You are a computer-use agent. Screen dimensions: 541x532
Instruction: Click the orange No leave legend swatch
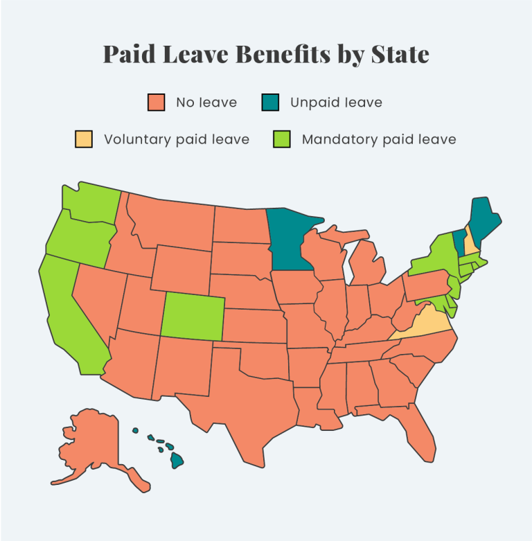click(x=157, y=103)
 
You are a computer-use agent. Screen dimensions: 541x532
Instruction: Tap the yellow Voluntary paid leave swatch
click(x=84, y=139)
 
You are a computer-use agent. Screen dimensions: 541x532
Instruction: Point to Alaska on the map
click(x=90, y=447)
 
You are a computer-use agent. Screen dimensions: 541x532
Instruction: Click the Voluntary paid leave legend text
click(x=176, y=139)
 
